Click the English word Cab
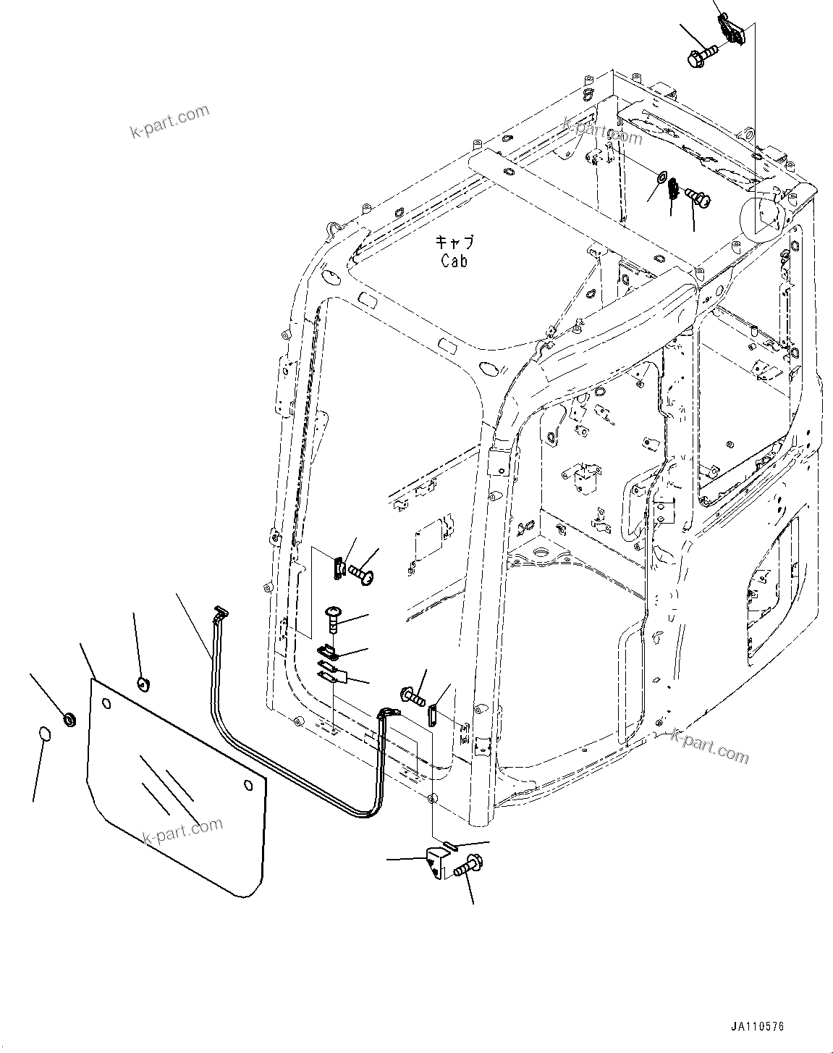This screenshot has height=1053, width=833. click(x=454, y=261)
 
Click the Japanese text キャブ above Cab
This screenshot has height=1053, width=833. click(x=453, y=242)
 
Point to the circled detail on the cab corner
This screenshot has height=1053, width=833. click(x=761, y=217)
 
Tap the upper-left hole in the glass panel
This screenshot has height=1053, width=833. click(x=106, y=703)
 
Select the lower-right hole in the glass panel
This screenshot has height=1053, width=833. click(x=248, y=786)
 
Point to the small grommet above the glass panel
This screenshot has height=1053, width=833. click(x=143, y=681)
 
